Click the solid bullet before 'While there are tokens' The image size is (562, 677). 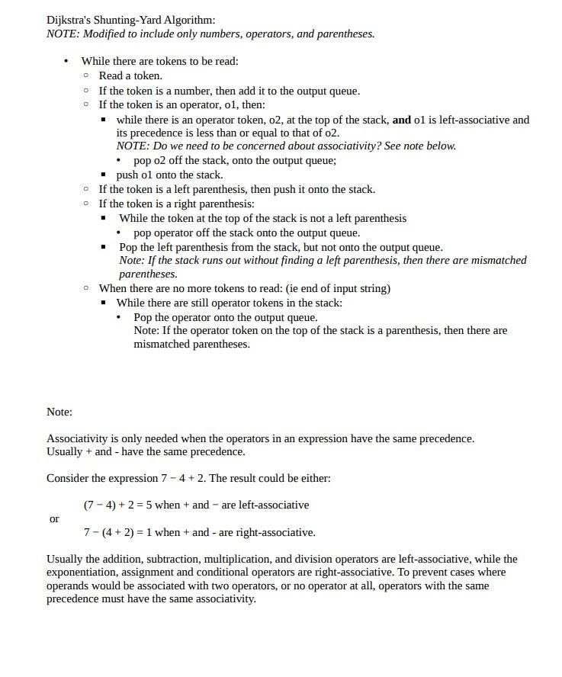pos(66,61)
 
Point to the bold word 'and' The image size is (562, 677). pos(401,120)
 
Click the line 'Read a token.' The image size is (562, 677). pos(130,75)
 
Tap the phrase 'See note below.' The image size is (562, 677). pos(420,146)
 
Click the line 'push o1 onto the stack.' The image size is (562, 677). pos(169,175)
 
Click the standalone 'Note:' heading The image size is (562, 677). pos(59,412)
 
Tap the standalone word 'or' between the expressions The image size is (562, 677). pos(54,518)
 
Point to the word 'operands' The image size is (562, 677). pos(69,586)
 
